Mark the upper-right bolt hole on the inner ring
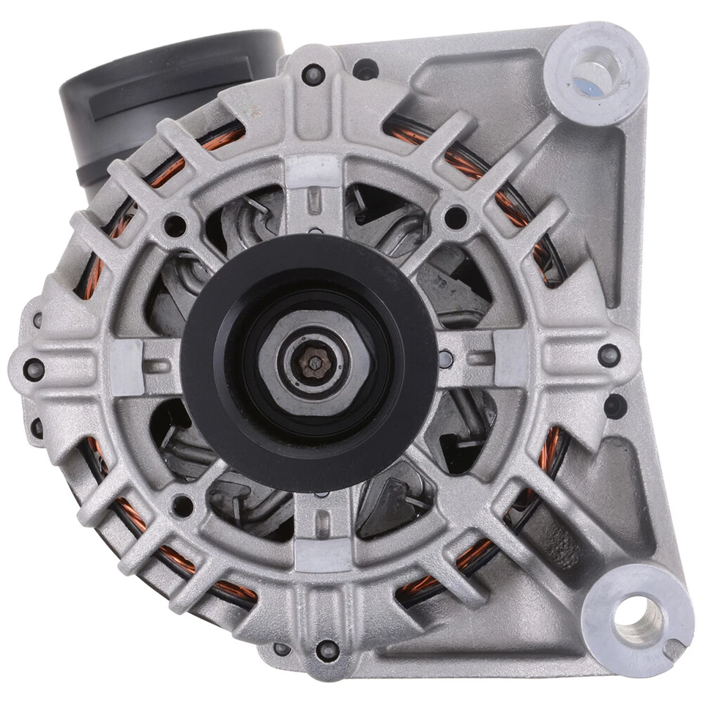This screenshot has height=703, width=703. (x=455, y=217)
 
